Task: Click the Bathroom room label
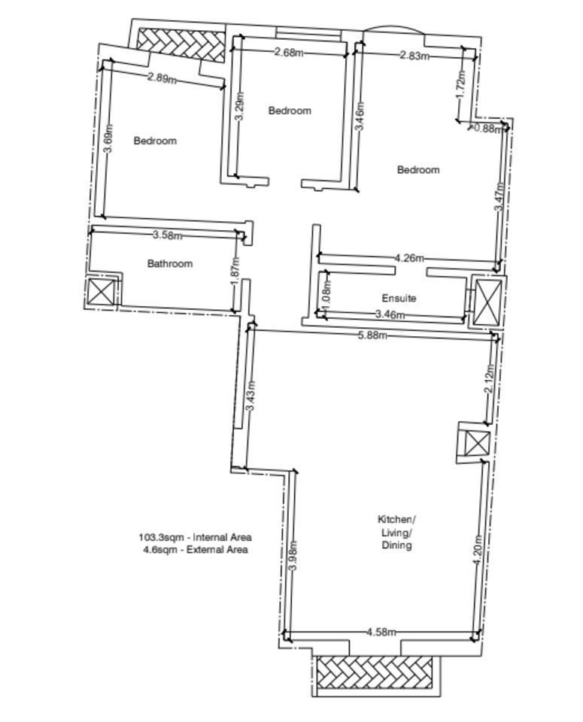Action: [169, 263]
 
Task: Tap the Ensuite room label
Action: [399, 298]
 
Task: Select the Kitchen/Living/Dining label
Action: [396, 532]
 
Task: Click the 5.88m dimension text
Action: [372, 335]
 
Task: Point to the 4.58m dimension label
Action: [381, 632]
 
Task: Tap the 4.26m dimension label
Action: [409, 258]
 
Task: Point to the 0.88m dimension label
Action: [488, 129]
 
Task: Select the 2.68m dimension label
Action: [289, 52]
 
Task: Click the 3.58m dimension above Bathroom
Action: [167, 235]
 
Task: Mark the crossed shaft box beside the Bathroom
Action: [102, 292]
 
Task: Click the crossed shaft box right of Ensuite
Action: [487, 302]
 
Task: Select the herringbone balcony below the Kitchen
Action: [375, 672]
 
